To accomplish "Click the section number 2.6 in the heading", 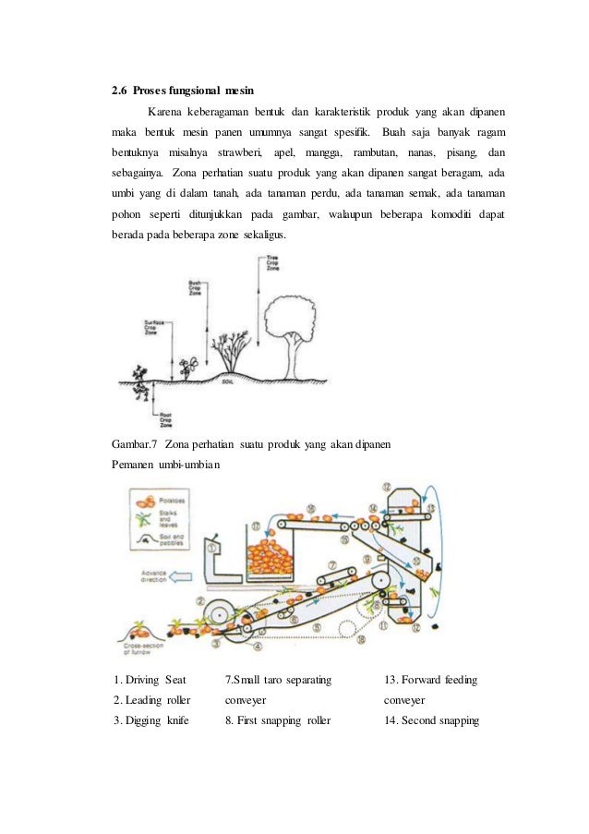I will pyautogui.click(x=118, y=91).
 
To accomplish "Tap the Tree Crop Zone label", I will pyautogui.click(x=272, y=261).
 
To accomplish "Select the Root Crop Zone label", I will pyautogui.click(x=166, y=419).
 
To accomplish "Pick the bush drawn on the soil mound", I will pyautogui.click(x=231, y=351).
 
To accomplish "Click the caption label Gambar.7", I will pyautogui.click(x=132, y=444).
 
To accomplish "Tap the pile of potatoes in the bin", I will pyautogui.click(x=266, y=559).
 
